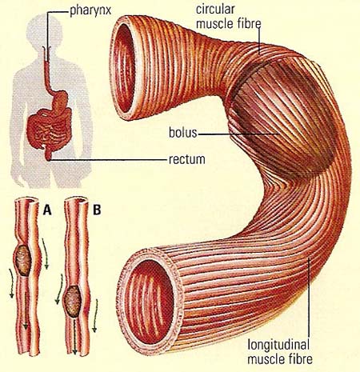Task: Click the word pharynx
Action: click(x=90, y=11)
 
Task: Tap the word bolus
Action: click(x=182, y=133)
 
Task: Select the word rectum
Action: click(x=187, y=159)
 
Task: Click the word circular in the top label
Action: click(x=215, y=10)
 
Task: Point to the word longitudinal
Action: click(x=278, y=345)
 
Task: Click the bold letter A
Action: click(x=47, y=210)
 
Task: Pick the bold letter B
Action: click(x=97, y=210)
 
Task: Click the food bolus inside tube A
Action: click(x=23, y=260)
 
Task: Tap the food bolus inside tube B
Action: click(x=73, y=302)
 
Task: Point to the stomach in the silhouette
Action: click(x=60, y=102)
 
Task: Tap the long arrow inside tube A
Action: click(x=26, y=310)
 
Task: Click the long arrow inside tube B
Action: click(x=75, y=336)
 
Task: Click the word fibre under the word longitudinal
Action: click(x=298, y=358)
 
